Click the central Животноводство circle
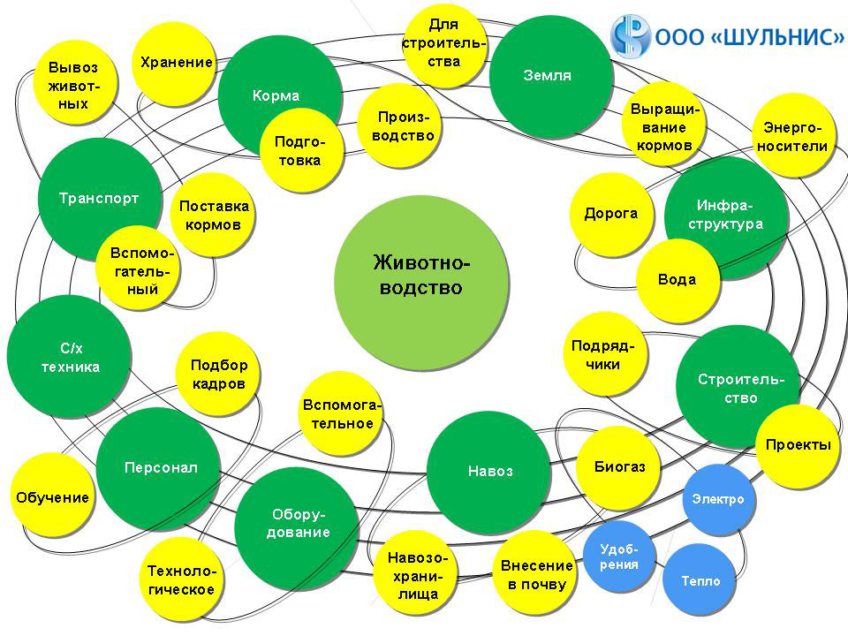click(x=422, y=275)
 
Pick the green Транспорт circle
click(x=99, y=199)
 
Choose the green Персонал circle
click(x=160, y=468)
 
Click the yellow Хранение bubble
click(x=177, y=64)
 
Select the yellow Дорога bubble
click(x=610, y=214)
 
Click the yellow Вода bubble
click(x=677, y=280)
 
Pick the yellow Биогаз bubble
click(x=619, y=467)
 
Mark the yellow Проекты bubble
click(x=798, y=445)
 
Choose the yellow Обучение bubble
click(x=52, y=497)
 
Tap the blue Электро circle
click(x=718, y=500)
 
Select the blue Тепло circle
click(x=700, y=581)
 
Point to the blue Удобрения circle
click(x=619, y=556)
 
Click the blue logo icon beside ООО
click(x=629, y=37)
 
